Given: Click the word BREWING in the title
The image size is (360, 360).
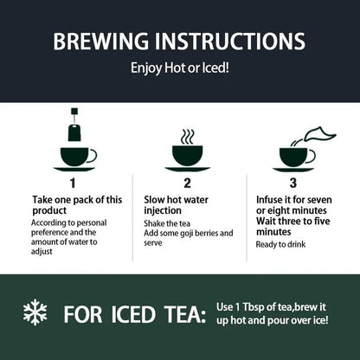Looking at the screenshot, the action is [101, 41].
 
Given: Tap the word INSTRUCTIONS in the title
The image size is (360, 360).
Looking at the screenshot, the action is [230, 41].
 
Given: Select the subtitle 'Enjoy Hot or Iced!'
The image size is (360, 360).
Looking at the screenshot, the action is [180, 68].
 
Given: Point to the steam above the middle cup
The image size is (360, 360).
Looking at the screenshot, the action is [188, 137].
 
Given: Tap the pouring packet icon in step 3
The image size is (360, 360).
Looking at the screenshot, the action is [320, 134].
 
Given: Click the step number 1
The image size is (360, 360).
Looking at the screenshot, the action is [73, 183].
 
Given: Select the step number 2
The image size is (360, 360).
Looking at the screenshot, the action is [187, 183].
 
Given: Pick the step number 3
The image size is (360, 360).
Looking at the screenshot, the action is [292, 183].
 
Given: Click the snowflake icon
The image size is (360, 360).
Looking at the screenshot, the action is [35, 312].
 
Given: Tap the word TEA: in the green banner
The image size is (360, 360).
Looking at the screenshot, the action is [185, 314].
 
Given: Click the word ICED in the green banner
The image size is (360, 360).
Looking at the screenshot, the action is [133, 314].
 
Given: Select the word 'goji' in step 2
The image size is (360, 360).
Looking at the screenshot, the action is [187, 234].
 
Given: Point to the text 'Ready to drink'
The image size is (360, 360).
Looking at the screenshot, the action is [280, 245].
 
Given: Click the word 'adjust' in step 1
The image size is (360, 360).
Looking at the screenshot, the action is [42, 252].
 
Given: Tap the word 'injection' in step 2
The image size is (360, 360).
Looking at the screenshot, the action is [163, 210].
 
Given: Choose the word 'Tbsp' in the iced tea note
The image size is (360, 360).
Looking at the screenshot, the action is [254, 307].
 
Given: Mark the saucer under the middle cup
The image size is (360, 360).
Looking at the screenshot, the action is [188, 169].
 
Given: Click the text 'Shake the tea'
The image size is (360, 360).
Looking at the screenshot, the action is [167, 223].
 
